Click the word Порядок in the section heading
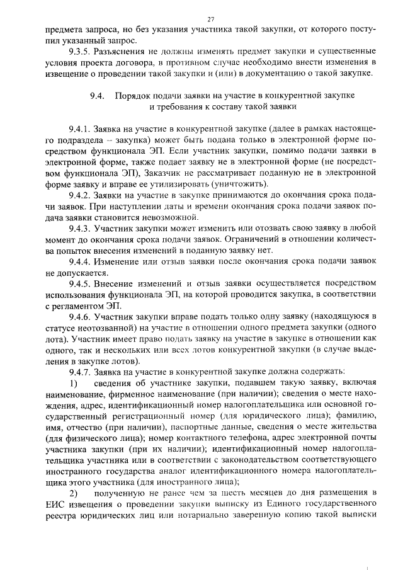(133, 95)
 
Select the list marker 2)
(74, 493)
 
